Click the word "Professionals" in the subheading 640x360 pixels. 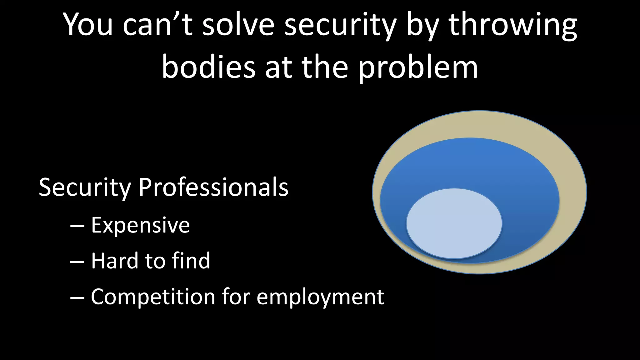coord(213,187)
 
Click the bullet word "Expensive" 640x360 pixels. coord(140,225)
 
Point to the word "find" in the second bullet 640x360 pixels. coord(191,261)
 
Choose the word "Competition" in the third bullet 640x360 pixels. coord(153,297)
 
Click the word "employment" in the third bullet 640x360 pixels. coord(320,297)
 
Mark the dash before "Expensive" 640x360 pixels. coord(77,226)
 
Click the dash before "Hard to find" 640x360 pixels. coord(77,262)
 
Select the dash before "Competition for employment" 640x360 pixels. coord(77,297)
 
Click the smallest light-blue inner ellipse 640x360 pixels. coord(454,223)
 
